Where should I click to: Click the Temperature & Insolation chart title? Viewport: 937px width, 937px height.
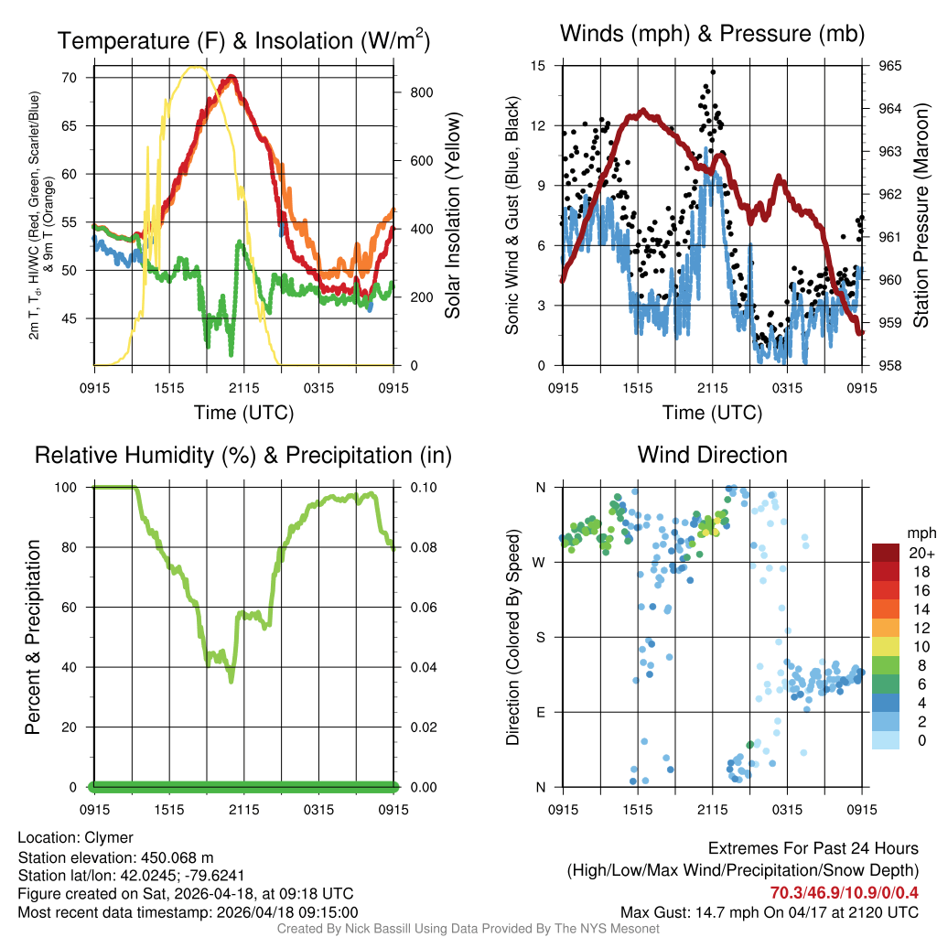point(243,40)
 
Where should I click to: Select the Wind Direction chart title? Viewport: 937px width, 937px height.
point(712,455)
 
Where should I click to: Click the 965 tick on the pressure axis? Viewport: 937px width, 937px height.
point(889,66)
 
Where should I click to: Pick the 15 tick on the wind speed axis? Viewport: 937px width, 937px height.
point(539,66)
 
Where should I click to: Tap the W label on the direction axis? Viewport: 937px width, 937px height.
point(540,562)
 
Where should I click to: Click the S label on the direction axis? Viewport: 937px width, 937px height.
point(541,637)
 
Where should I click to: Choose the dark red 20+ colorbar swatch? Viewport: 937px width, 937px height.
point(885,553)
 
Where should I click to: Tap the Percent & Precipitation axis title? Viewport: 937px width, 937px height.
point(33,637)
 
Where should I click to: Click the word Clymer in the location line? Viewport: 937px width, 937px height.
point(109,837)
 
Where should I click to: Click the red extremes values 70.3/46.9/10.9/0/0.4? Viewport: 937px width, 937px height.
point(844,893)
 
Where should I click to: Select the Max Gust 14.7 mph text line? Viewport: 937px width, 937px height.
point(769,912)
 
